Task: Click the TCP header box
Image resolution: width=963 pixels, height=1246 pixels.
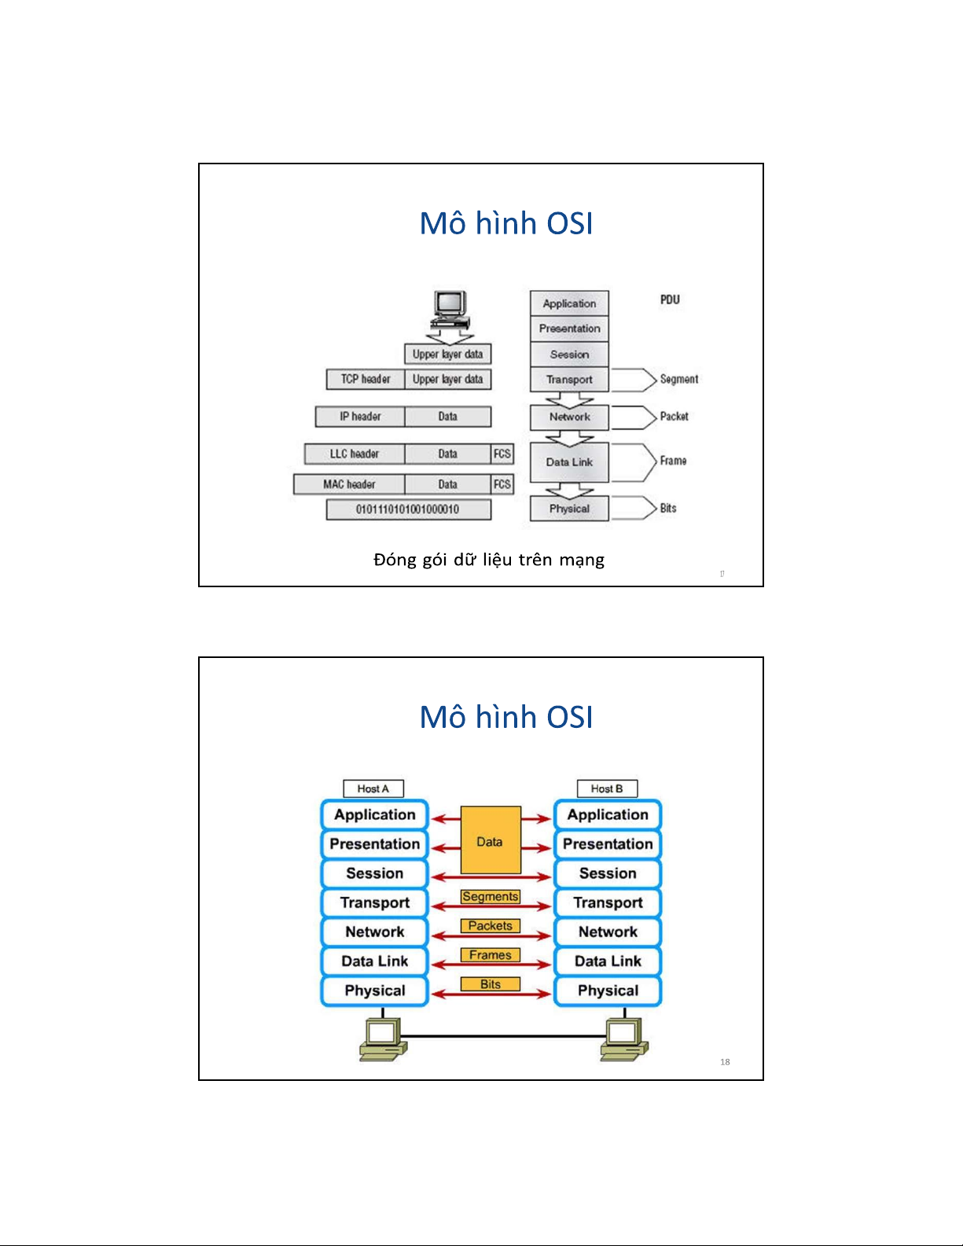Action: [366, 379]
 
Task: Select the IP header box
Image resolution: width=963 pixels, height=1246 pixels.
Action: [360, 417]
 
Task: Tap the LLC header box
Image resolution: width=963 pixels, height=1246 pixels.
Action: [355, 454]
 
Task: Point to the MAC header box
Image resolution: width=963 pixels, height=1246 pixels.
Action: [349, 484]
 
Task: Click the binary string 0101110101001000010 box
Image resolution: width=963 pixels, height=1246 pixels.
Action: [408, 509]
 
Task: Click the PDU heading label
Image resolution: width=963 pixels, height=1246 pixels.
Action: [670, 300]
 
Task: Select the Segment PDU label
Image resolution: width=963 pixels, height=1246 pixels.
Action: [678, 379]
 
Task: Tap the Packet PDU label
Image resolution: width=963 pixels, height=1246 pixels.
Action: [674, 417]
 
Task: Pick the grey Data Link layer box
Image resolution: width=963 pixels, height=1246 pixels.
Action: [569, 462]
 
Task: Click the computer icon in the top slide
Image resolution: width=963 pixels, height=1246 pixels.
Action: [450, 310]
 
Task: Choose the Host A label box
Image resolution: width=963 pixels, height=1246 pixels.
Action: [373, 788]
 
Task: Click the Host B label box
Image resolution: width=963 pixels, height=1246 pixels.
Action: [607, 788]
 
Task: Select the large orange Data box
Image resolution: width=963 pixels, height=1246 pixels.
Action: [490, 840]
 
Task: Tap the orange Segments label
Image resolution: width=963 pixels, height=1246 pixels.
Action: [491, 896]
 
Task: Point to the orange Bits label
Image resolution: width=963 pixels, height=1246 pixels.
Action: [491, 984]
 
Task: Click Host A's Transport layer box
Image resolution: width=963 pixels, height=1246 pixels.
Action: [374, 902]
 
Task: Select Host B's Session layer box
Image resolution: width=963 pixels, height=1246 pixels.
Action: [608, 873]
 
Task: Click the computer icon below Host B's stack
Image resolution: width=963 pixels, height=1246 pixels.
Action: [624, 1038]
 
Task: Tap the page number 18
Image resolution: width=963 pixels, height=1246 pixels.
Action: [725, 1062]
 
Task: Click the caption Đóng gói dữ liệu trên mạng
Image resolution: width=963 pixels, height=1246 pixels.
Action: [489, 560]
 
